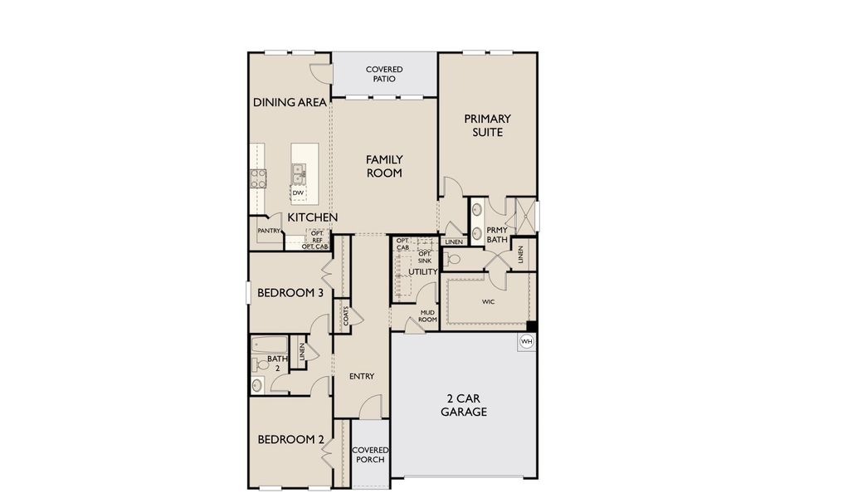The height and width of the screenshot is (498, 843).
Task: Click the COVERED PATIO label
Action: coord(384,74)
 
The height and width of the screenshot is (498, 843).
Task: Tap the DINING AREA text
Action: coord(290,103)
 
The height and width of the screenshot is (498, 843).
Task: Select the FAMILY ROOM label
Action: coord(384,166)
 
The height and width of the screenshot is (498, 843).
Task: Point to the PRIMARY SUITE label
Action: coord(487,125)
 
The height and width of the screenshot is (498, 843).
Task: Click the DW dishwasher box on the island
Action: coord(297,193)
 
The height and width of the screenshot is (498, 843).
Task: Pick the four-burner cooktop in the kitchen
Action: coord(258,178)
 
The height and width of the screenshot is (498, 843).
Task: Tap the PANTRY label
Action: coord(268,231)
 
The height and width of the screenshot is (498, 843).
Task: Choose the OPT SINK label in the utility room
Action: coord(424,256)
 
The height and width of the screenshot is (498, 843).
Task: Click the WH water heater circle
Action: coord(527,341)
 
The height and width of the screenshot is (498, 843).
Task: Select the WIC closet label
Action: coord(488,302)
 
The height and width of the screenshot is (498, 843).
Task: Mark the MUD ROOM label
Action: coord(427,316)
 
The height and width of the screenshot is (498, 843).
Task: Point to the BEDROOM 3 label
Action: coord(290,293)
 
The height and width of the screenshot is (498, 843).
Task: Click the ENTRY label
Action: coord(361,376)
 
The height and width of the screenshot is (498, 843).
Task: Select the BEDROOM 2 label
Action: coord(290,439)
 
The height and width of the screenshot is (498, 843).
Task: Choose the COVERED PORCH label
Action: coord(369,454)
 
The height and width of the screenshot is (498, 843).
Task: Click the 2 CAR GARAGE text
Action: coord(463,405)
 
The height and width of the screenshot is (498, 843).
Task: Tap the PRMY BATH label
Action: coord(496,234)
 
